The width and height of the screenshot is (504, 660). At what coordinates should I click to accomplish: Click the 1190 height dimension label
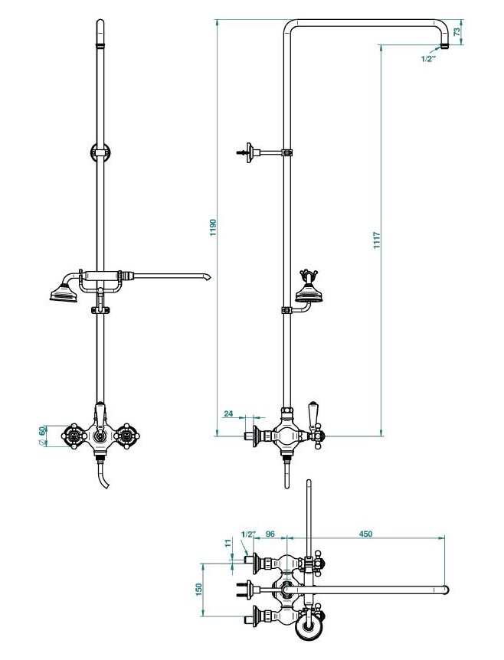point(213,227)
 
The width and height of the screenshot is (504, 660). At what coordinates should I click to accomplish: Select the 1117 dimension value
point(376,240)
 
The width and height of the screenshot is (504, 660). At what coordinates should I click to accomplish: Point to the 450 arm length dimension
point(365,534)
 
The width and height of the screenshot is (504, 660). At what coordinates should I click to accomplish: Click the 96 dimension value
point(270,534)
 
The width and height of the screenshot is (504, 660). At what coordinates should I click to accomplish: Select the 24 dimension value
point(228,413)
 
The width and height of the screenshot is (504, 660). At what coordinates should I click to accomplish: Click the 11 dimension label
point(228,543)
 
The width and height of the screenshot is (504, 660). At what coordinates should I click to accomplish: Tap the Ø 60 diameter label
point(41,435)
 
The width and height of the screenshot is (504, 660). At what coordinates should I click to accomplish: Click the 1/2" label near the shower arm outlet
point(428,59)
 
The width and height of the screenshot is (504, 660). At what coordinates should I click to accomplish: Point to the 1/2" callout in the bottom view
point(248,534)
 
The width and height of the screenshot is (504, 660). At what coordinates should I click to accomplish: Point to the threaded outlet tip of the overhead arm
point(444,45)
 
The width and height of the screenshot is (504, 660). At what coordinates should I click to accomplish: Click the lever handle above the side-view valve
point(313,413)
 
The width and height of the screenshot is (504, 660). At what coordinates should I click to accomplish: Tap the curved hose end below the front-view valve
point(103,476)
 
